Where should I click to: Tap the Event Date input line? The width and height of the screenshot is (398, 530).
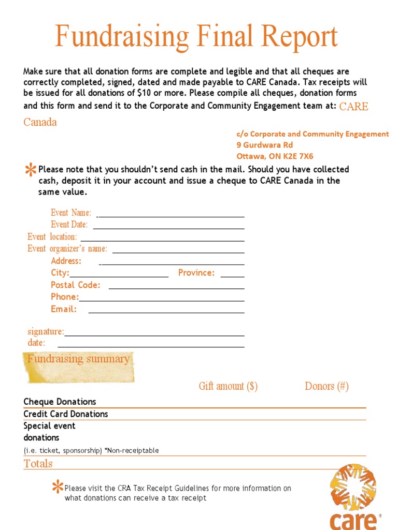point(168,228)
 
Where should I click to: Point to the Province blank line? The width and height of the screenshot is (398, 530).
point(232,277)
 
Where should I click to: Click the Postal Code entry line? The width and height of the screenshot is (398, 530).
point(176,288)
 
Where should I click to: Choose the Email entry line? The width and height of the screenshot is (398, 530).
point(166,313)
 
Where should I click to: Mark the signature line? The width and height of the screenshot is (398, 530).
point(154,335)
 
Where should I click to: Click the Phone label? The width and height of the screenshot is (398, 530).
point(64,297)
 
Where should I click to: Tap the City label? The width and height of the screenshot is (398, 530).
point(60,273)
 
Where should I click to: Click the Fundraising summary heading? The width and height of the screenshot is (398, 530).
point(78,359)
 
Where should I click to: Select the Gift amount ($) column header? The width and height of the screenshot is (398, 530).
point(228,386)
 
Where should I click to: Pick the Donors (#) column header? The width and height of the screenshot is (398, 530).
point(326,386)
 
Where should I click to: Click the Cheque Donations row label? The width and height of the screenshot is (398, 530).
point(60,402)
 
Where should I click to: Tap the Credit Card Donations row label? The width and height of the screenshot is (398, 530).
point(66,414)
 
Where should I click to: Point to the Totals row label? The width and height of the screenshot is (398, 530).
point(38,464)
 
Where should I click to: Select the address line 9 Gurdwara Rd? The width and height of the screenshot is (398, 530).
point(264,145)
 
